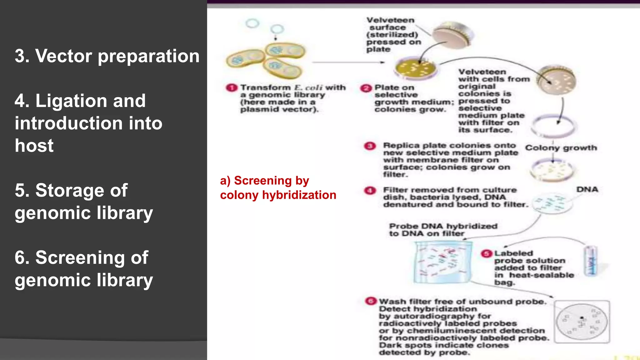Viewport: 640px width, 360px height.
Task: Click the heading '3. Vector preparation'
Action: pos(107,56)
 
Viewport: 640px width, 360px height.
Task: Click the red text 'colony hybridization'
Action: pos(278,195)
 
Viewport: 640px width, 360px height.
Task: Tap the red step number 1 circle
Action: pos(232,88)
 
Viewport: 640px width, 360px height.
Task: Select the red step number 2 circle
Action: pos(366,88)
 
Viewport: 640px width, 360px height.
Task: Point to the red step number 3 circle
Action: pos(370,146)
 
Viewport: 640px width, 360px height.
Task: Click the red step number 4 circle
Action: pos(370,190)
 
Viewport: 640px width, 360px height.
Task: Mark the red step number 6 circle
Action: pos(371,301)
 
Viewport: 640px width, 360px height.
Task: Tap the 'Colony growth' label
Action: pos(561,148)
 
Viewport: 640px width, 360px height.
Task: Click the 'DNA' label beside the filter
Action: pos(587,189)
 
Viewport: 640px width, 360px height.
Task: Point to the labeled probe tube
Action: pos(591,261)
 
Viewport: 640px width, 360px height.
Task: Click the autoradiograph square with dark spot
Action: pos(582,322)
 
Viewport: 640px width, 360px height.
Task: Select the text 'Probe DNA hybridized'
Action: pos(443,226)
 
